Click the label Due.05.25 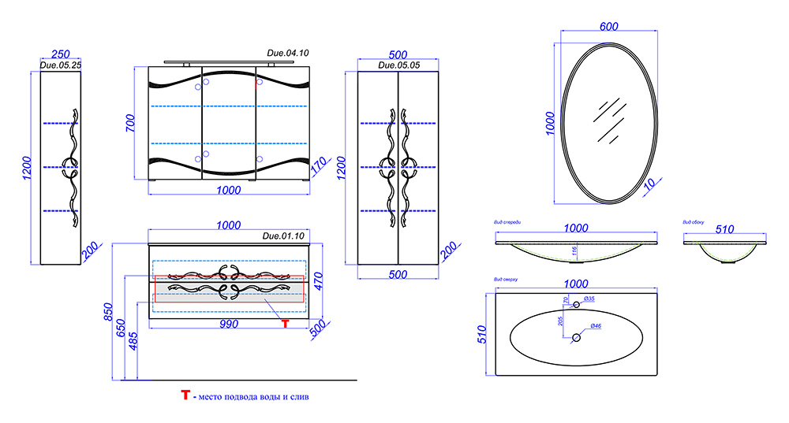[61, 65]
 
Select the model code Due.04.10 [288, 53]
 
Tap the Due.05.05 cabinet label [398, 65]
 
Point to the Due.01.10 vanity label [283, 236]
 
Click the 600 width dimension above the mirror [608, 25]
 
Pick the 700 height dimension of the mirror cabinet [131, 122]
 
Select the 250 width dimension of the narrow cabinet [60, 54]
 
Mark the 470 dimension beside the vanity [319, 280]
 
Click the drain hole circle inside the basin [576, 337]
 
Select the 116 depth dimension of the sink [574, 253]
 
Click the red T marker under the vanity [285, 323]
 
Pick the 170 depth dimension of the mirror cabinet [318, 167]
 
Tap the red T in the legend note [185, 395]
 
